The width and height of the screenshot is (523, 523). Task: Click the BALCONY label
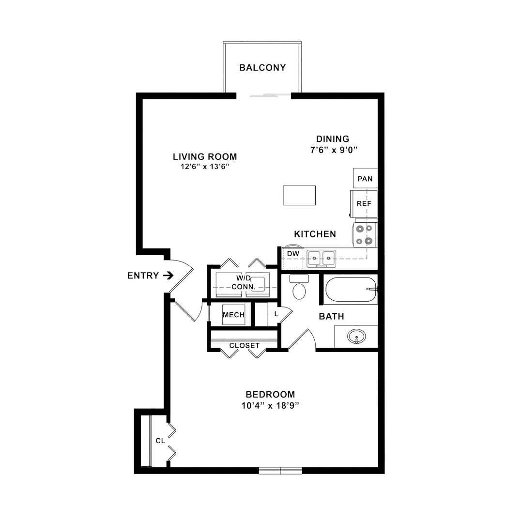coord(262,68)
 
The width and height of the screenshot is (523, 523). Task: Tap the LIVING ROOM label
coord(205,157)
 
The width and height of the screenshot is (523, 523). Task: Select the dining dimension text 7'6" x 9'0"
coord(334,150)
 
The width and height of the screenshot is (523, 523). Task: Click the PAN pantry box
coord(365,178)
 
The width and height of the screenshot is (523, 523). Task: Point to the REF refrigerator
coord(364,203)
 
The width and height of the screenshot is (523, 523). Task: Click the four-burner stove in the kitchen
coord(365,235)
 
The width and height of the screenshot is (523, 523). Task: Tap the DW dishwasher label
coord(293,254)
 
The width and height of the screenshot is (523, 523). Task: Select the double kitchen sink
coord(322,259)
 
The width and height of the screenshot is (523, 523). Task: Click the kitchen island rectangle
coord(299,196)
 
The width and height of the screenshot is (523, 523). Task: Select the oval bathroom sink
coord(356,337)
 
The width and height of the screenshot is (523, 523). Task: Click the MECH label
coord(233,315)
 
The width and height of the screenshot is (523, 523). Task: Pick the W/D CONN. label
coord(244,282)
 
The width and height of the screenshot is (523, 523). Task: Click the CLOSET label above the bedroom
coord(245,346)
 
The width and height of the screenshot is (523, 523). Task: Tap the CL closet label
coord(160,441)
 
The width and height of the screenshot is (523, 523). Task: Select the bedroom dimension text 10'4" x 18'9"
coord(270,406)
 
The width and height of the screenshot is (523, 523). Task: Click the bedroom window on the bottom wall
coord(280,471)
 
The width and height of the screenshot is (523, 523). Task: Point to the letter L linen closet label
coord(276,314)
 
